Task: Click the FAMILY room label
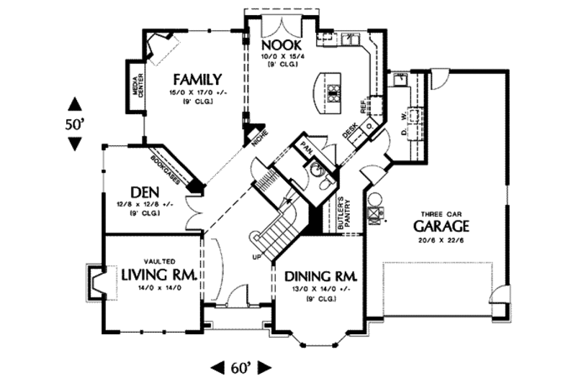196,79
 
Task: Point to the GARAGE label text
441,226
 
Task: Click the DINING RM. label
321,277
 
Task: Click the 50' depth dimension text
75,124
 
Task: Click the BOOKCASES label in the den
166,164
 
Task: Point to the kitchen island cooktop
333,91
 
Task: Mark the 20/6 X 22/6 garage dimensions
441,240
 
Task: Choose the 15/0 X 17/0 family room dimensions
196,93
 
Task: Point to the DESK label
350,130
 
